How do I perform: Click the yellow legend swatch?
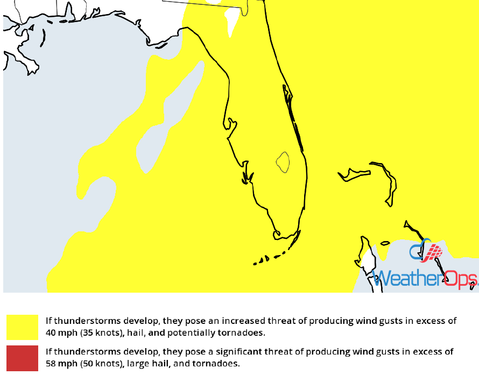tap(22, 327)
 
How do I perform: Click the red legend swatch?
tap(22, 358)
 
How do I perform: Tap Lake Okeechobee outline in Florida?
tap(283, 161)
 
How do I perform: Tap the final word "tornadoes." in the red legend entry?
tap(217, 364)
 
